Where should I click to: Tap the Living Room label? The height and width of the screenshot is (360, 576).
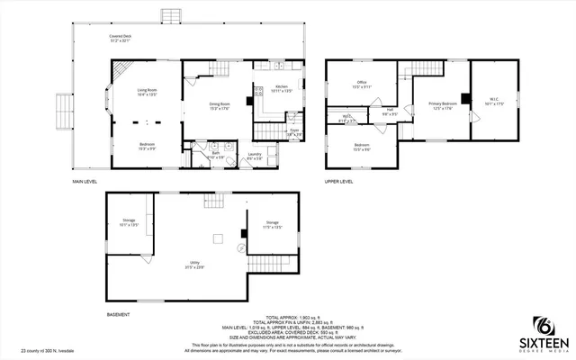(148, 91)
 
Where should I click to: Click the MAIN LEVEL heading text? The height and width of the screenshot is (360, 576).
(85, 182)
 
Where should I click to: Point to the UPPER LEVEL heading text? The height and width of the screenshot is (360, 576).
(338, 182)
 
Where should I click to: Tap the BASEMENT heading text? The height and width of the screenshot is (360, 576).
(118, 315)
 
